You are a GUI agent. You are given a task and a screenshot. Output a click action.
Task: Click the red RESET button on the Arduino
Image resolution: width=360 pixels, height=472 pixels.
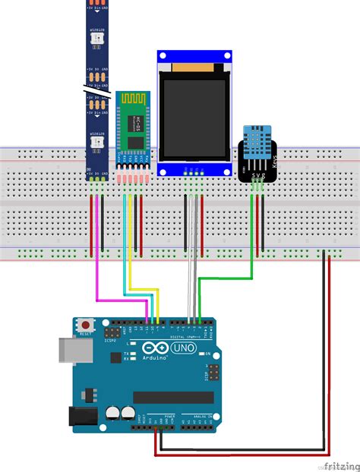84,325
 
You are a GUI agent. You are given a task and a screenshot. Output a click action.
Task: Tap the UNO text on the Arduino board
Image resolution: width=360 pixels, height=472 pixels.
184,348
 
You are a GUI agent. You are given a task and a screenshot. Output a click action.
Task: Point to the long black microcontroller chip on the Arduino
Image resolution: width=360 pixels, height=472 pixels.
172,397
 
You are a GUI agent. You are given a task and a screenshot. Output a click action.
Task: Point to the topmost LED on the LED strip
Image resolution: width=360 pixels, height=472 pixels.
96,36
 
